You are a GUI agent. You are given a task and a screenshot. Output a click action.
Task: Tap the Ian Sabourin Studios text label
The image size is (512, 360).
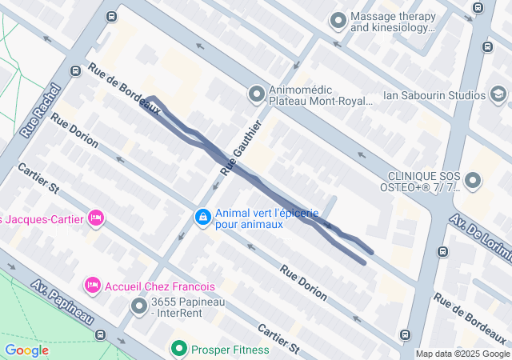pyautogui.click(x=434, y=95)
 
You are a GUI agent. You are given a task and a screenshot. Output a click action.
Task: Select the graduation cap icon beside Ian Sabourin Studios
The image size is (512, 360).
pyautogui.click(x=498, y=95)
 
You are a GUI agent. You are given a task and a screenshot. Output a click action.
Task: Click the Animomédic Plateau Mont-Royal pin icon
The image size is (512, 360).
pyautogui.click(x=256, y=95)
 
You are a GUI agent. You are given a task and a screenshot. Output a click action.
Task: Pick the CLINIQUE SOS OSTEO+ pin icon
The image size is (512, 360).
pyautogui.click(x=472, y=181)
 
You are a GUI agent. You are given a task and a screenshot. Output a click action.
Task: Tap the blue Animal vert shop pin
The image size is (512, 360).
pyautogui.click(x=203, y=218)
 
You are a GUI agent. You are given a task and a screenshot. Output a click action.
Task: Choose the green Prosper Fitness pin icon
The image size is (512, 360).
pyautogui.click(x=178, y=349)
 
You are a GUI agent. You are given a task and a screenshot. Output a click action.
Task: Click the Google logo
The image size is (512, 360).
pyautogui.click(x=26, y=350)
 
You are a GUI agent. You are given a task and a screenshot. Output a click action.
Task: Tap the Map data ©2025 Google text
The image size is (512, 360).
pyautogui.click(x=462, y=354)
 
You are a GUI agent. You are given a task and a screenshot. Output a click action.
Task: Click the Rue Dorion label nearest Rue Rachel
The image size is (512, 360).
pyautogui.click(x=74, y=130)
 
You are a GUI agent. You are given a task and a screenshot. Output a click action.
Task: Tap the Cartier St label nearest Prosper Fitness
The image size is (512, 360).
pyautogui.click(x=278, y=340)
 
